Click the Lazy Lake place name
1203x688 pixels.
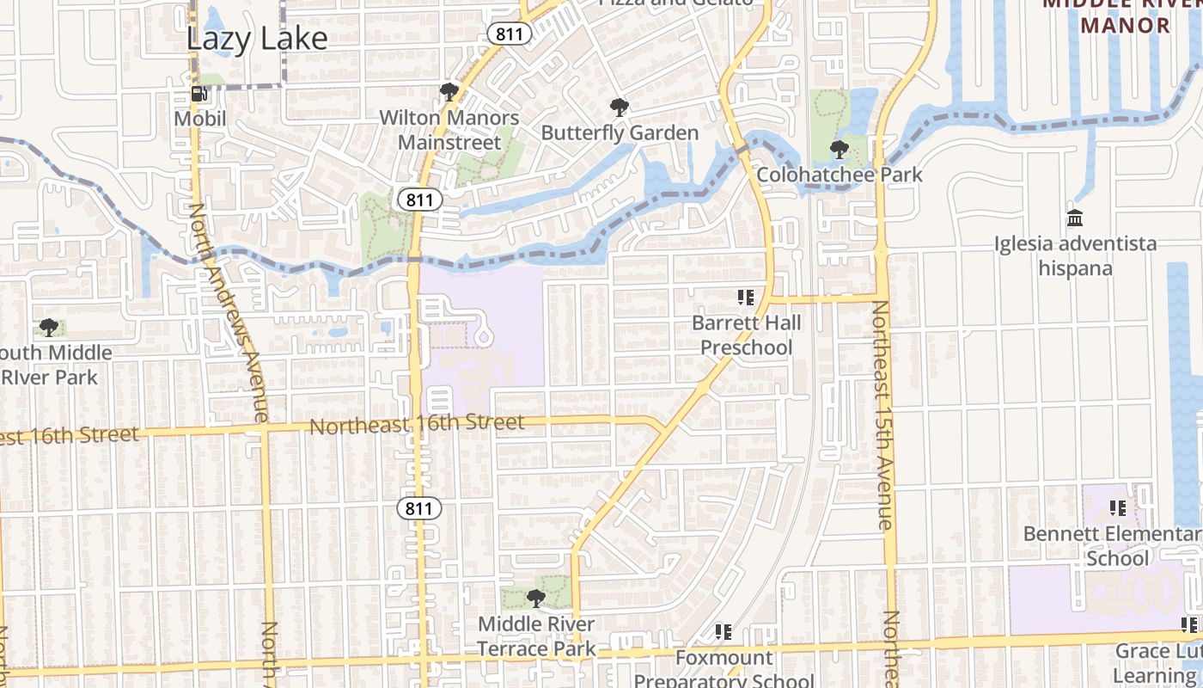tap(257, 39)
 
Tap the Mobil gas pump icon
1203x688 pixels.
tap(198, 94)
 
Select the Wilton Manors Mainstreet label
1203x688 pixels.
tap(449, 130)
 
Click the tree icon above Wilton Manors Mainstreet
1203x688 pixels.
tap(448, 92)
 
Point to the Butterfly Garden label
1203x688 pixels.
tap(620, 133)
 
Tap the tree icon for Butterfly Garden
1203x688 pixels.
tap(619, 107)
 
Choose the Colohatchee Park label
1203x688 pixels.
tap(840, 175)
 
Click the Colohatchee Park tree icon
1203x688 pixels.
tap(840, 150)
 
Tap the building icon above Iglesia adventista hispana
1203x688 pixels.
tap(1075, 218)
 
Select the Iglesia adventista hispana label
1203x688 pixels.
tap(1075, 256)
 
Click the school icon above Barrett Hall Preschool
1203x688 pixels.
tap(746, 298)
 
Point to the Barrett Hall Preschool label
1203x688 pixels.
tap(746, 335)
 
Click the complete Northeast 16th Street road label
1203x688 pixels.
tap(417, 424)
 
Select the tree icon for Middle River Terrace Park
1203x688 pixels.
tap(536, 598)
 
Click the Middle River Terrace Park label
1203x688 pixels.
tap(536, 636)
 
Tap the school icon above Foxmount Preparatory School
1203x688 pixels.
tap(724, 633)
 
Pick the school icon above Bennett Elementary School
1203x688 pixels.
tap(1117, 508)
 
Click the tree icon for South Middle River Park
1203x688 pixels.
tap(49, 328)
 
